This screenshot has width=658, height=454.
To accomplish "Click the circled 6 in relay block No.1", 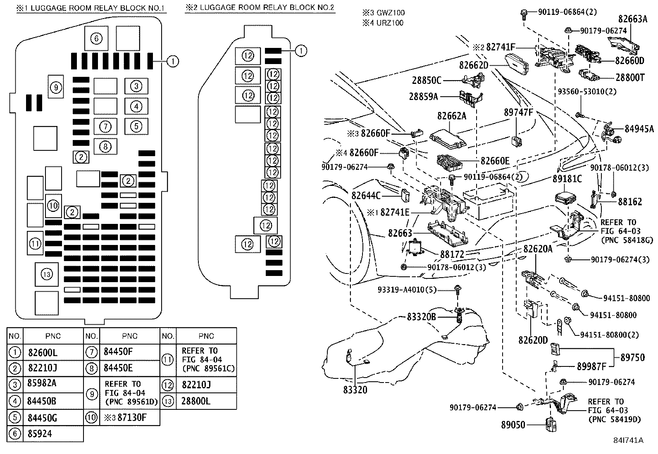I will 96,39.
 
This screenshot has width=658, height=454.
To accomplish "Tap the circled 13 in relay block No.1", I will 47,274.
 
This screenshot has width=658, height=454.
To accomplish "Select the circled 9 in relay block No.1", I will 56,87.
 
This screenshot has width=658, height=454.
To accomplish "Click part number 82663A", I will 632,19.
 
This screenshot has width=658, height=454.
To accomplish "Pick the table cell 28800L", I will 195,401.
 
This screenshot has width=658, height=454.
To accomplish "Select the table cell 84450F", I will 118,352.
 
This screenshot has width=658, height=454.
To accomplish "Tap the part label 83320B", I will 422,317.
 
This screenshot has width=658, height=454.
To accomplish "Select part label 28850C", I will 427,80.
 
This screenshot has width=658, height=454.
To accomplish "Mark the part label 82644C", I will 366,195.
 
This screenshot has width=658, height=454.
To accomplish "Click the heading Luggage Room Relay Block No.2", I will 260,7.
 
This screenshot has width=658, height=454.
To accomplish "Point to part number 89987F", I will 591,366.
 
